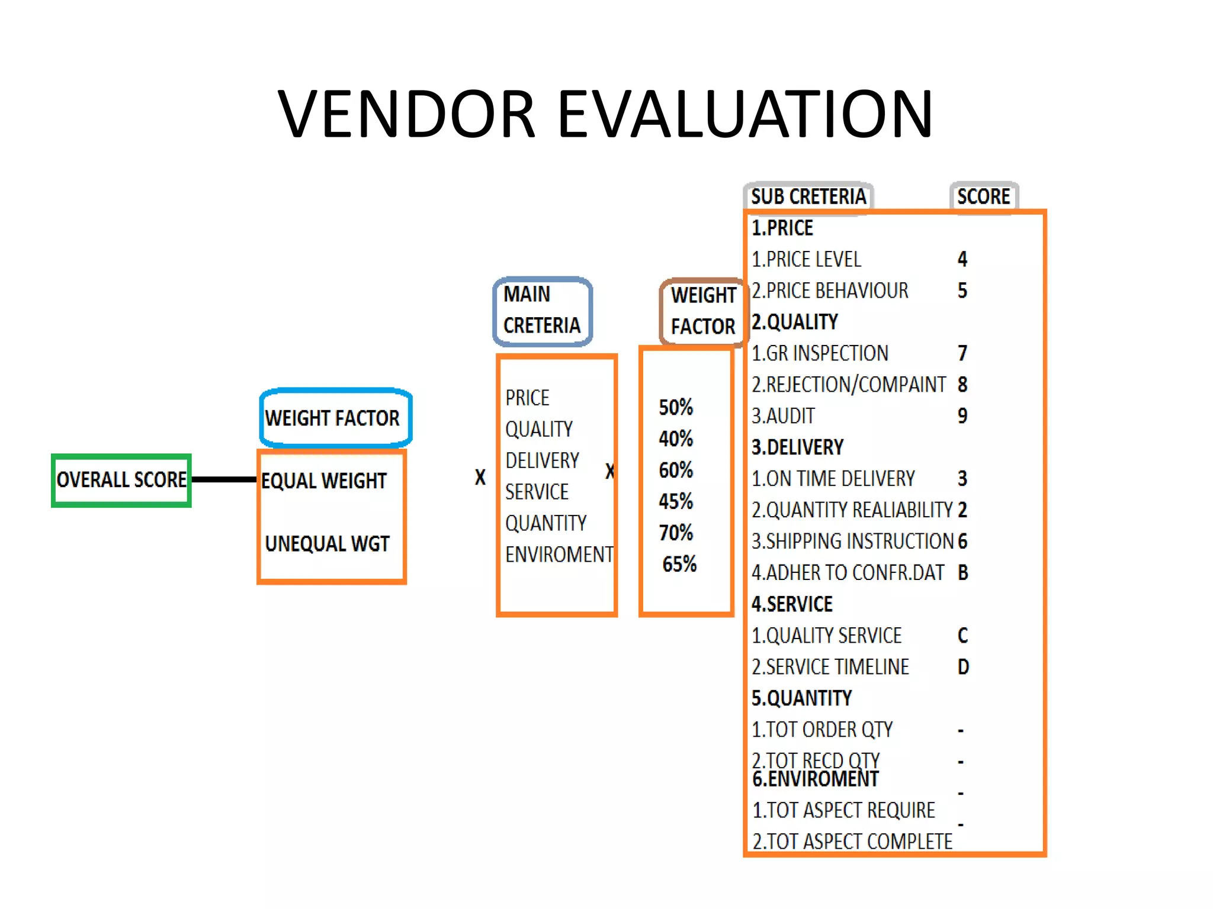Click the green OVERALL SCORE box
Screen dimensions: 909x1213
coord(121,480)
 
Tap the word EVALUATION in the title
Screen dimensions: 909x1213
coord(745,114)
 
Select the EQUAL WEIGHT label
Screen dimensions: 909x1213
coord(324,481)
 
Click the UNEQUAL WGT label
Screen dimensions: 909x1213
coord(327,544)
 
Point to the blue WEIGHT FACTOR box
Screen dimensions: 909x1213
coord(335,418)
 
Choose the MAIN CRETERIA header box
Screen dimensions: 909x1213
coord(543,311)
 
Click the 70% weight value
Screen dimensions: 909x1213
coord(676,533)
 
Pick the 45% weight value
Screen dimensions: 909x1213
coord(676,501)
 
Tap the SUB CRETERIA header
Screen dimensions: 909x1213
coord(808,196)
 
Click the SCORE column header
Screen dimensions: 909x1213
coord(983,196)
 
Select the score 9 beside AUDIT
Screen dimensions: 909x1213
coord(962,415)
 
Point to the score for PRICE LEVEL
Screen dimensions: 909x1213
coord(962,259)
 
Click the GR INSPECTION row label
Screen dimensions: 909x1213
coord(820,353)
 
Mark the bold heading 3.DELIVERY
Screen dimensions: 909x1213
coord(797,447)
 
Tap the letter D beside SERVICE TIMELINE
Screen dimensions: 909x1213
coord(963,667)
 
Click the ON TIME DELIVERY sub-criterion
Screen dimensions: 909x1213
coord(833,478)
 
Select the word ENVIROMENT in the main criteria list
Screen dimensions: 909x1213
coord(559,555)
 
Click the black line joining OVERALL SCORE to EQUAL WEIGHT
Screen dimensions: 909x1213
coord(224,479)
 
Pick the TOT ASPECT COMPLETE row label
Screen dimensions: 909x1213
coord(852,842)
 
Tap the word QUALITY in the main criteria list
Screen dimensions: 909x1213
coord(539,429)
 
